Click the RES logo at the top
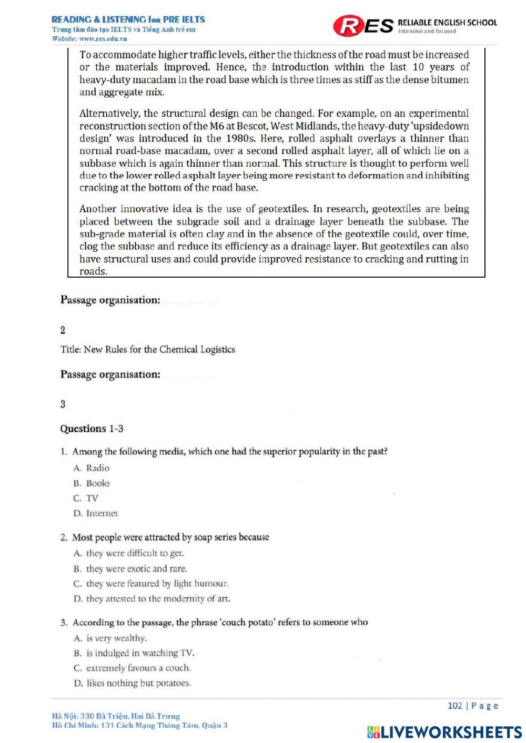pyautogui.click(x=363, y=25)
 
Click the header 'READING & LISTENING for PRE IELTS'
pyautogui.click(x=128, y=19)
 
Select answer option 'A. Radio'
pyautogui.click(x=92, y=468)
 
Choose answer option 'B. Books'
pyautogui.click(x=92, y=483)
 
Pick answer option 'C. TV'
pyautogui.click(x=86, y=498)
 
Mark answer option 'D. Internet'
pyautogui.click(x=96, y=513)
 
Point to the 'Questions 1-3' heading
pyautogui.click(x=92, y=429)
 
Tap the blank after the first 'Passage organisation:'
pyautogui.click(x=190, y=301)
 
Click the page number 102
pyautogui.click(x=454, y=706)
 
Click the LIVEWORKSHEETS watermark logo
pyautogui.click(x=444, y=732)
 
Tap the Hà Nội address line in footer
pyautogui.click(x=116, y=716)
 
